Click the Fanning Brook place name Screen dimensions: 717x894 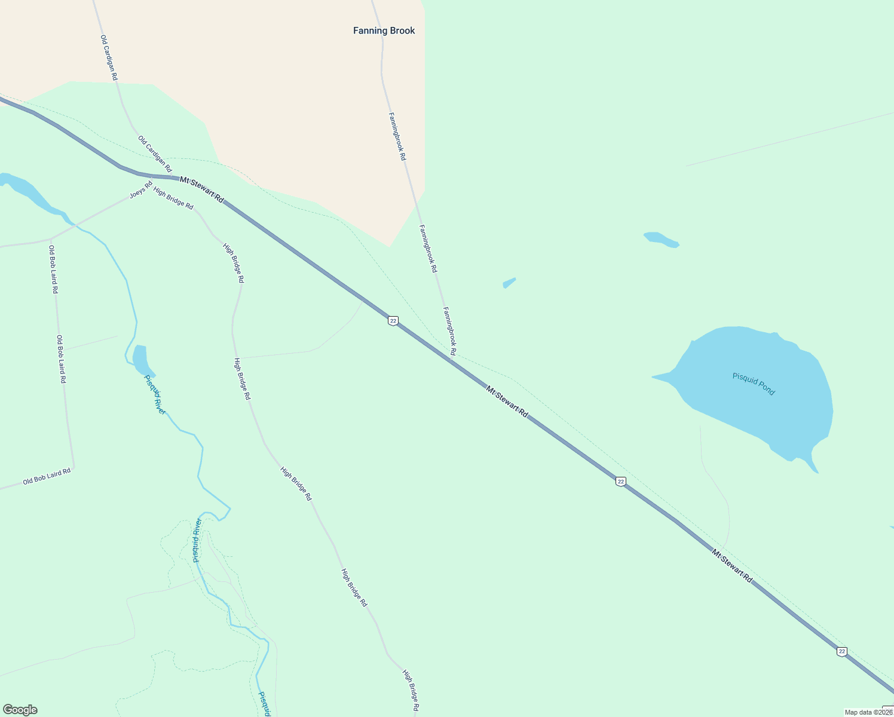[x=384, y=30]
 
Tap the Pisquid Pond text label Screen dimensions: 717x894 [x=754, y=384]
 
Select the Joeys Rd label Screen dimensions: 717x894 [x=141, y=191]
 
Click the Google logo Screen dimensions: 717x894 [x=20, y=710]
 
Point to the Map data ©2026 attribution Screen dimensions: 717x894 [x=868, y=712]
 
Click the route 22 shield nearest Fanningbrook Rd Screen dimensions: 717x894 [x=393, y=321]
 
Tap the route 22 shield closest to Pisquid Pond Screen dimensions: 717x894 [x=621, y=481]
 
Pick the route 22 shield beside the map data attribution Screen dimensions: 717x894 [x=842, y=651]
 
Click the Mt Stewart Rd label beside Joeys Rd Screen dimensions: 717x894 [x=202, y=189]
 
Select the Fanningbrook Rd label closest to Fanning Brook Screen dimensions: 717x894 [x=397, y=136]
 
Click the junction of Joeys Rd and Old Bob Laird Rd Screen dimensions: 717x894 [x=51, y=240]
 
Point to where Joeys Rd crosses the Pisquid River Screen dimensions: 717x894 [x=75, y=225]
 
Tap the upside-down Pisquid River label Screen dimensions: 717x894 [x=197, y=540]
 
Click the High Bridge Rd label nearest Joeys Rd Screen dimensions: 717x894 [x=173, y=198]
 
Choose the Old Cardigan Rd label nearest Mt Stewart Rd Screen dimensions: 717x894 [x=155, y=154]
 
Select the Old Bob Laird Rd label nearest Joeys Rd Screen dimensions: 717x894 [x=53, y=269]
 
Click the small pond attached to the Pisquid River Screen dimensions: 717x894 [x=140, y=358]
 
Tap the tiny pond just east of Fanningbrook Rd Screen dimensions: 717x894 [x=509, y=282]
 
